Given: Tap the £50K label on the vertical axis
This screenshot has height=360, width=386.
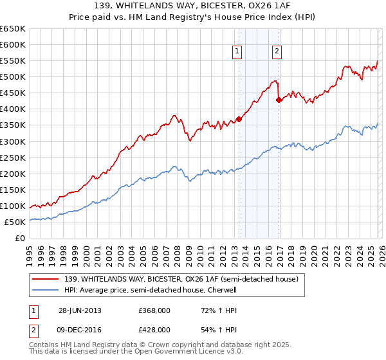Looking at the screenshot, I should [x=15, y=222].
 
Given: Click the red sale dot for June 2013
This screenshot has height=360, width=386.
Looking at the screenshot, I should [x=239, y=119].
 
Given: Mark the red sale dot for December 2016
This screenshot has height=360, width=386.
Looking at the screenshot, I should [x=279, y=100].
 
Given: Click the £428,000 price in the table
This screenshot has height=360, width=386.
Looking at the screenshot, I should [x=154, y=329].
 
